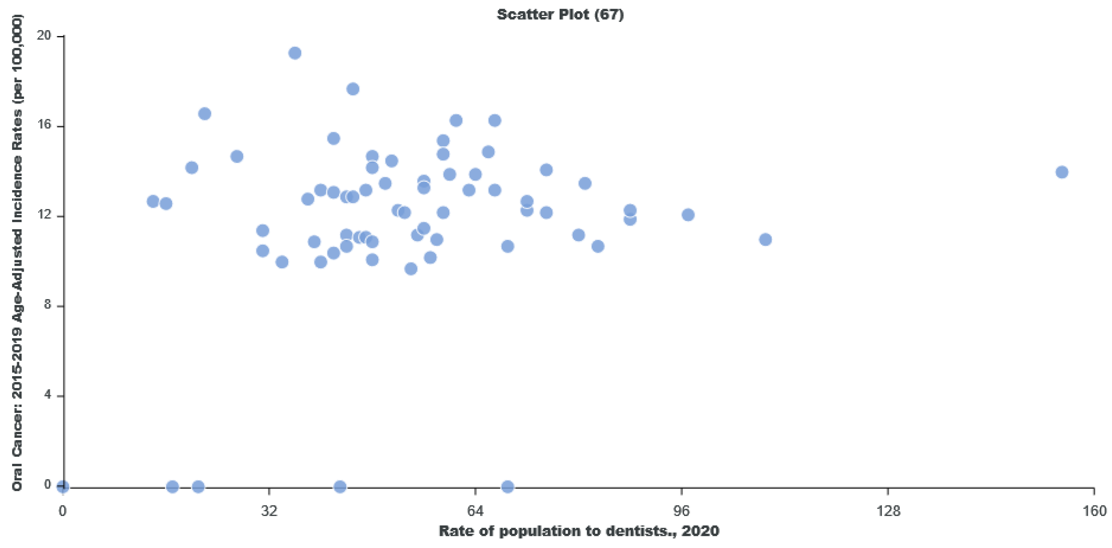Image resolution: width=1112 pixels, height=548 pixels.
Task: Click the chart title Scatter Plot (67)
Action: (x=560, y=14)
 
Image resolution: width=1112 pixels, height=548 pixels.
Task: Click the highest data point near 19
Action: (x=295, y=53)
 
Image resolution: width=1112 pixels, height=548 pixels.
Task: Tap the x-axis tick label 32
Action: (x=269, y=511)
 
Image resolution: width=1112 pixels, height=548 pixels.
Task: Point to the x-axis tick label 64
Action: (x=475, y=511)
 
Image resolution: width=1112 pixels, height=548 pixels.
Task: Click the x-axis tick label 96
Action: (x=682, y=511)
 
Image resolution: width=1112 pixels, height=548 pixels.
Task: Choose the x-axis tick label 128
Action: (x=888, y=511)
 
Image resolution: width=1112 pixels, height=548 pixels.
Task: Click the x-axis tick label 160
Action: (x=1094, y=511)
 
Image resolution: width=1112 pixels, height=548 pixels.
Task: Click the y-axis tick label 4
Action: (x=47, y=395)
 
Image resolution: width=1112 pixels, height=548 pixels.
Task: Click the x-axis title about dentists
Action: (x=579, y=531)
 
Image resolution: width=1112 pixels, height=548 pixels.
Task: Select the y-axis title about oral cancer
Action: (x=17, y=253)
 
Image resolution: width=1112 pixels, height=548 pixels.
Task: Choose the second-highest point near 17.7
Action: (x=353, y=89)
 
